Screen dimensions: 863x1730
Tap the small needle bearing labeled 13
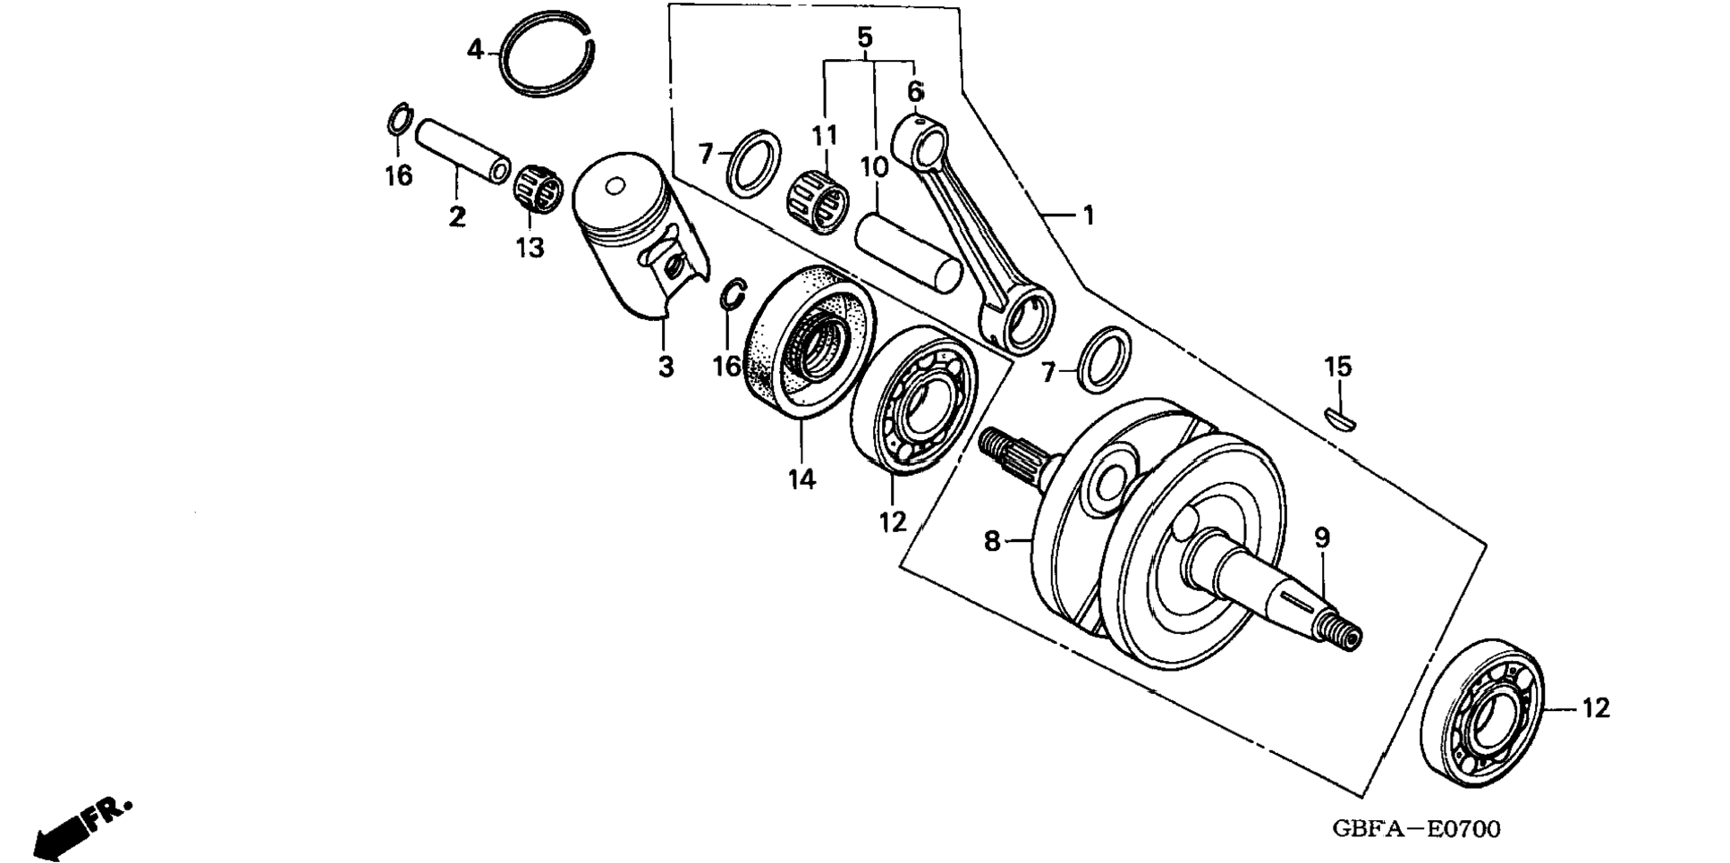pos(539,186)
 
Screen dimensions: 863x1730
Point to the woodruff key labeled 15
pos(1340,418)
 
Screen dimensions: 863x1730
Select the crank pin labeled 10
pos(907,251)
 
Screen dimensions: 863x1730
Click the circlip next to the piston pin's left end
pos(399,120)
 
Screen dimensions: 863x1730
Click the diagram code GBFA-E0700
pos(1415,829)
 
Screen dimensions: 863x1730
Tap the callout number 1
pos(1088,216)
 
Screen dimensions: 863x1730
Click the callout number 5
pos(864,38)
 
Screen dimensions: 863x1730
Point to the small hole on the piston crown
pos(615,186)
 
